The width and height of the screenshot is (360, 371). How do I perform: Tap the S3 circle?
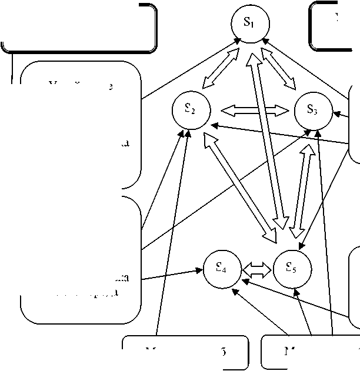click(x=312, y=110)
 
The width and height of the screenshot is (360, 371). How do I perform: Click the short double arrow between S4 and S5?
click(x=256, y=270)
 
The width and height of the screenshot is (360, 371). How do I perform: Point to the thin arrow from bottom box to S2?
click(x=172, y=235)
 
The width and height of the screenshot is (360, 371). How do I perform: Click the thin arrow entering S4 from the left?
click(x=171, y=275)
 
